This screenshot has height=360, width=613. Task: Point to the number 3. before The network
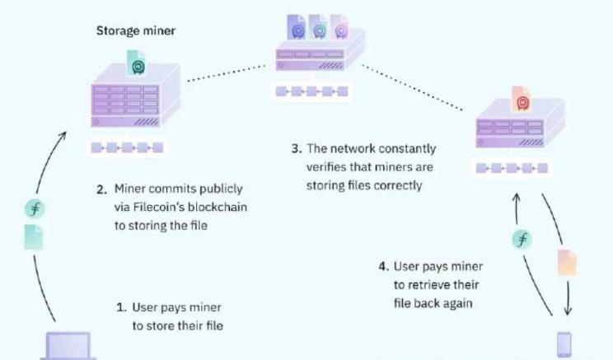pyautogui.click(x=296, y=149)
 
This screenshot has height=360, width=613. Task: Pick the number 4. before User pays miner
pyautogui.click(x=383, y=267)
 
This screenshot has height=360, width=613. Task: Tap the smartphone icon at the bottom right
pyautogui.click(x=564, y=344)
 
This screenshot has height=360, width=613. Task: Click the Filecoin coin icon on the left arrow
pyautogui.click(x=35, y=208)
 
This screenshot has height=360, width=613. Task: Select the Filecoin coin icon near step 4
pyautogui.click(x=522, y=240)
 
